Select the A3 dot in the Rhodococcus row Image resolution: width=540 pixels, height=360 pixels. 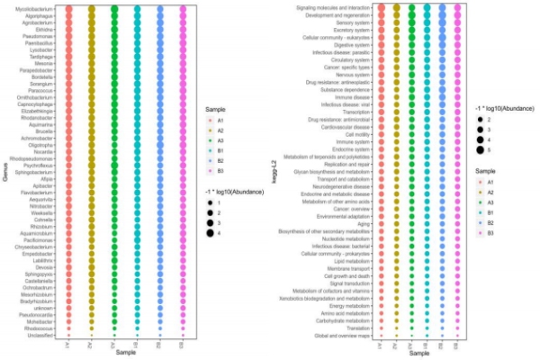114,328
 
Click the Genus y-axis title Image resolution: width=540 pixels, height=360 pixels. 5,171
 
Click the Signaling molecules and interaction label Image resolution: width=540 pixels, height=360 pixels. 335,7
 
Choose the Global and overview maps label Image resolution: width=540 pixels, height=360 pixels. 343,335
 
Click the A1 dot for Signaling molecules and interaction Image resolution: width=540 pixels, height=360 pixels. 381,7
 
